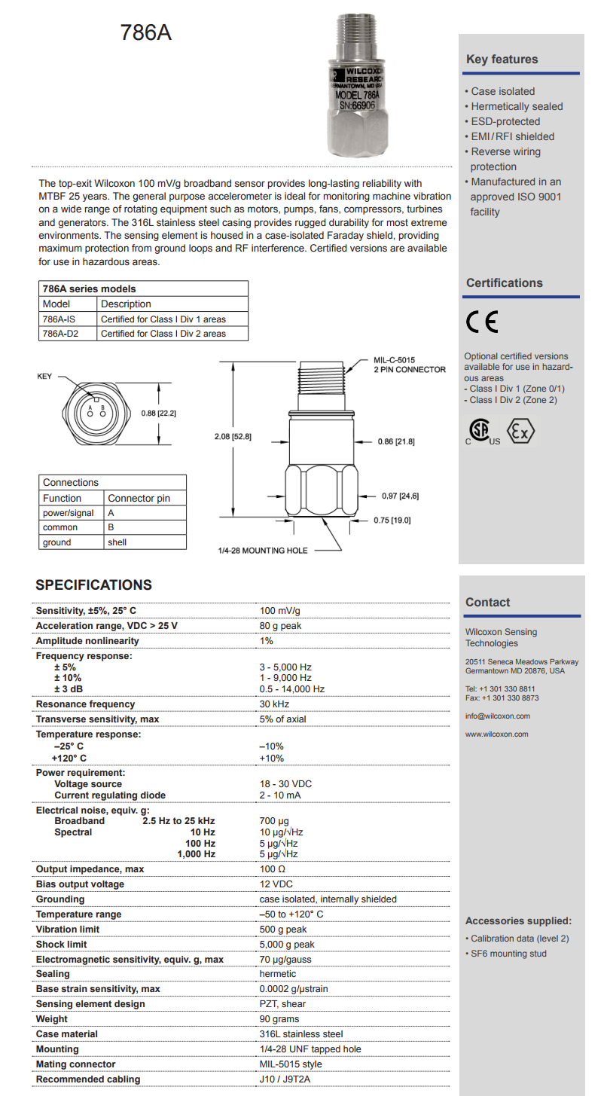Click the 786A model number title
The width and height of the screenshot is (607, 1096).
click(x=145, y=33)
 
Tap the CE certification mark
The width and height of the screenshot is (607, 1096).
click(x=482, y=322)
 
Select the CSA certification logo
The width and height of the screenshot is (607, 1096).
click(x=482, y=431)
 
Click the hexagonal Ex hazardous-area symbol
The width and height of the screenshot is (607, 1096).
click(x=520, y=430)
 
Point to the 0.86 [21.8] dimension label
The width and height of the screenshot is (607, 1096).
click(x=396, y=441)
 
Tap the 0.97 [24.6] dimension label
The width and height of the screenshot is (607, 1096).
click(x=399, y=496)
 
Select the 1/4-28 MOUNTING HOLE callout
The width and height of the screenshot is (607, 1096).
click(x=262, y=551)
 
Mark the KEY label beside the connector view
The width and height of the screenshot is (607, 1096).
click(x=44, y=376)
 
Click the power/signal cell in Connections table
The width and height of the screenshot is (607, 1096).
click(x=68, y=513)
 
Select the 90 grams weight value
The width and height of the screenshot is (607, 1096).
click(x=279, y=1019)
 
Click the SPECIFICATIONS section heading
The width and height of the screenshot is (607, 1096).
click(x=93, y=585)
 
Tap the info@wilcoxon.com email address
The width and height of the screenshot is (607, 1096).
click(x=498, y=716)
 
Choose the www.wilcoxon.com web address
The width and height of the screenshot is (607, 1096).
click(x=497, y=734)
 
